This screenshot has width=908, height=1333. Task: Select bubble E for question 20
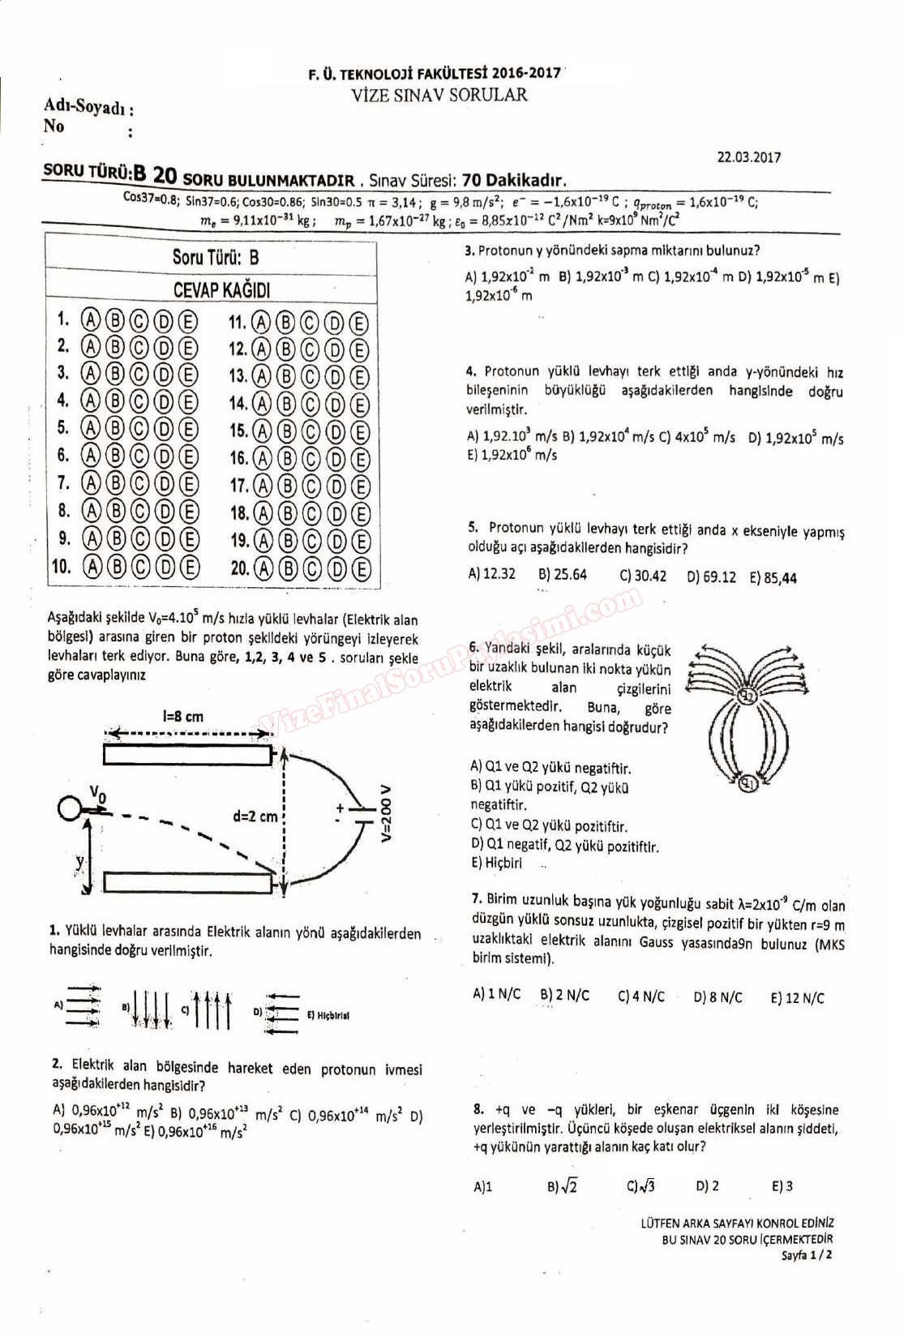point(361,568)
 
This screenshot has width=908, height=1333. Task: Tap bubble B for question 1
point(115,319)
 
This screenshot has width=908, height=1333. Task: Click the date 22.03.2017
point(748,157)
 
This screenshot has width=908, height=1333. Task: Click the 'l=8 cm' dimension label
point(183,717)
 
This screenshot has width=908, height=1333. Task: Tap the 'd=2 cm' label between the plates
point(255,817)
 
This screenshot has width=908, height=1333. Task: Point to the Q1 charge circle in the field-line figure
point(748,783)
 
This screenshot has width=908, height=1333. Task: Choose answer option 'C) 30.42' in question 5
point(643,576)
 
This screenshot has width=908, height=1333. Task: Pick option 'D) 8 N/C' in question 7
point(717,997)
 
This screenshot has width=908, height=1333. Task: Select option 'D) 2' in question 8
point(707,1186)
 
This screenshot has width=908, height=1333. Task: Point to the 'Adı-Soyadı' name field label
point(88,107)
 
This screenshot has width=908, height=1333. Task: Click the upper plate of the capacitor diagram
point(188,755)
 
